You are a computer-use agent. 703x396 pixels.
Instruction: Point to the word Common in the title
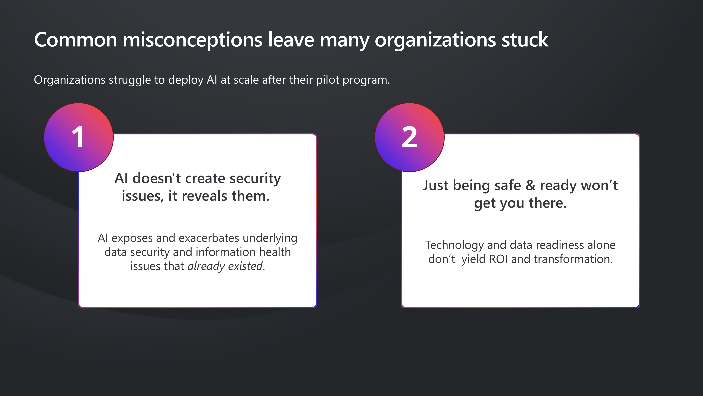pyautogui.click(x=76, y=40)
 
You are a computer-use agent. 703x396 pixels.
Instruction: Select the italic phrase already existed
pyautogui.click(x=225, y=266)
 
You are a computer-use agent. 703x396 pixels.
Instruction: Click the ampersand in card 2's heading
pyautogui.click(x=530, y=186)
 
